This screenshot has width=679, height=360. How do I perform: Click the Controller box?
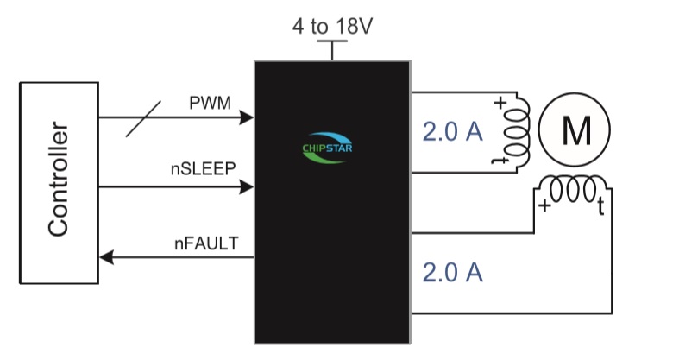[x=59, y=181]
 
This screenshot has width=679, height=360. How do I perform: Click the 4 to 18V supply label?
[x=332, y=26]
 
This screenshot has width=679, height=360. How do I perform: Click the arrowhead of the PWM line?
[x=248, y=117]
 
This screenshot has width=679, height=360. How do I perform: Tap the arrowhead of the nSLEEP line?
[x=248, y=186]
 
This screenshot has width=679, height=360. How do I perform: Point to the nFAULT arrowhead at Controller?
[x=106, y=256]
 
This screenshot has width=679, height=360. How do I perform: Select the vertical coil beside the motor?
[x=518, y=132]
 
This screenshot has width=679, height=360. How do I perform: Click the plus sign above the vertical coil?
[x=500, y=104]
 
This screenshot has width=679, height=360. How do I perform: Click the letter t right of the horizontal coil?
[x=600, y=205]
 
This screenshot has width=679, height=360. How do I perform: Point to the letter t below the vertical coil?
[x=498, y=160]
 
